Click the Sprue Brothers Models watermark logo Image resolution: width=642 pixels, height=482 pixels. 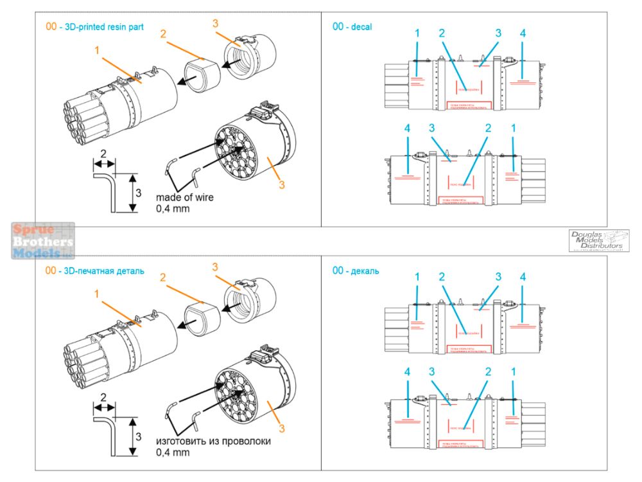point(43,241)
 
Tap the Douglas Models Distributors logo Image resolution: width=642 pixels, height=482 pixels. point(598,241)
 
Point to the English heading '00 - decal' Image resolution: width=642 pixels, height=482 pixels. point(352,26)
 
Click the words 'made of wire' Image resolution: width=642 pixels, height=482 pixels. point(185,197)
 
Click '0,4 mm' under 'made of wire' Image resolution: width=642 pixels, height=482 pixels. point(173,208)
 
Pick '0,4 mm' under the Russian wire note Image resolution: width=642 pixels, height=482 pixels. point(173,452)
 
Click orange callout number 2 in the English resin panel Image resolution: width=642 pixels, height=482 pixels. point(163,33)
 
